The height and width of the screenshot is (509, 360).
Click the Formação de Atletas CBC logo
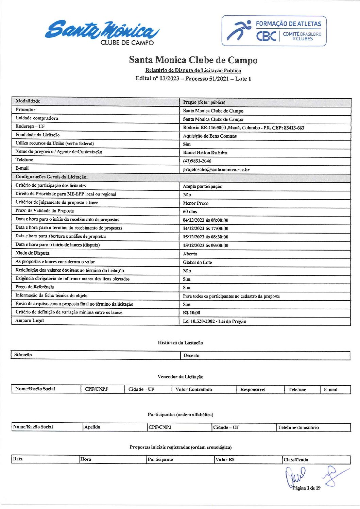274,31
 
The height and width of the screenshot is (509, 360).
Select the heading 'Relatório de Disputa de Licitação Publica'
193,70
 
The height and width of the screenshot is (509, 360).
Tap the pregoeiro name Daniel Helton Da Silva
205,153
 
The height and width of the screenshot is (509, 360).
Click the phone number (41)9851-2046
197,161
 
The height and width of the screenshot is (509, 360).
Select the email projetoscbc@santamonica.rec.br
216,170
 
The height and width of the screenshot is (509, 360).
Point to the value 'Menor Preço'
195,203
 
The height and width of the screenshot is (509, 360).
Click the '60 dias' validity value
190,211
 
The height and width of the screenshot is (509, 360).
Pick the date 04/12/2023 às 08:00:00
205,220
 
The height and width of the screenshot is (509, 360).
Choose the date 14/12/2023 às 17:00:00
205,228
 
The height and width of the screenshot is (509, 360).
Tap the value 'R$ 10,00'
191,313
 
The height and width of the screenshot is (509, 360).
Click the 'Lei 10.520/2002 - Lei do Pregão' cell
215,321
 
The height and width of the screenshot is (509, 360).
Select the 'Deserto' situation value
191,356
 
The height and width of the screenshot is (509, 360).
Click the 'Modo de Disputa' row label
32,253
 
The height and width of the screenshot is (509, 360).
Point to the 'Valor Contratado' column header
193,390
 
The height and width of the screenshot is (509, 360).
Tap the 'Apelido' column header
92,427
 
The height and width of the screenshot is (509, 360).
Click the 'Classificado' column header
296,460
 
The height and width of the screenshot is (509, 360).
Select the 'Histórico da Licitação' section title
180,343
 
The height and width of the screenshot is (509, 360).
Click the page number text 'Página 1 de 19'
306,488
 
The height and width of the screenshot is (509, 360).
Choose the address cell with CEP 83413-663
243,128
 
